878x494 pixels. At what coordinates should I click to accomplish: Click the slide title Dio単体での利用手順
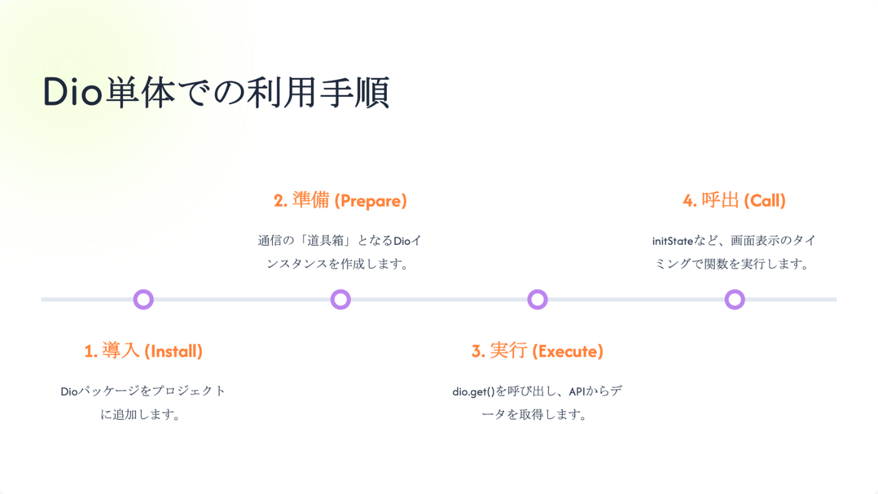pyautogui.click(x=216, y=93)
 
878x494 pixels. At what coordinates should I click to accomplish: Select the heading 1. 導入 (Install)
pyautogui.click(x=144, y=351)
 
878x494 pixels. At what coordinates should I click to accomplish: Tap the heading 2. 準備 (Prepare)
pyautogui.click(x=341, y=201)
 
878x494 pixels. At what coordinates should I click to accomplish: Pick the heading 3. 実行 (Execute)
pyautogui.click(x=537, y=351)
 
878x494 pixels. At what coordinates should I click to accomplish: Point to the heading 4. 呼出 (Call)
pyautogui.click(x=734, y=201)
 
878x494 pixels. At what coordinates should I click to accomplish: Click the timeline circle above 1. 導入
pyautogui.click(x=144, y=299)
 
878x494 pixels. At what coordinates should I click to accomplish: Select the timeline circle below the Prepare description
pyautogui.click(x=341, y=299)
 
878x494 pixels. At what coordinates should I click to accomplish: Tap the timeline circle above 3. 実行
pyautogui.click(x=537, y=299)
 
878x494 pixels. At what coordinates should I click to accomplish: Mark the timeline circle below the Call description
pyautogui.click(x=734, y=299)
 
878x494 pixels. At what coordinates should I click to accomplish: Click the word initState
pyautogui.click(x=672, y=241)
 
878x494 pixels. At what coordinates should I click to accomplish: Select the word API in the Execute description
pyautogui.click(x=577, y=392)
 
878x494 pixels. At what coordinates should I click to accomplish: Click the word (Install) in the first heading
pyautogui.click(x=174, y=352)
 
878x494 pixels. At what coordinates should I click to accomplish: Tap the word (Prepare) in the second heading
pyautogui.click(x=371, y=201)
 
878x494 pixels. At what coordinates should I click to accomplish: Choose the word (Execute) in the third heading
pyautogui.click(x=568, y=352)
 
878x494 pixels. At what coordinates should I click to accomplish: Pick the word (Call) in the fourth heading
pyautogui.click(x=764, y=201)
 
